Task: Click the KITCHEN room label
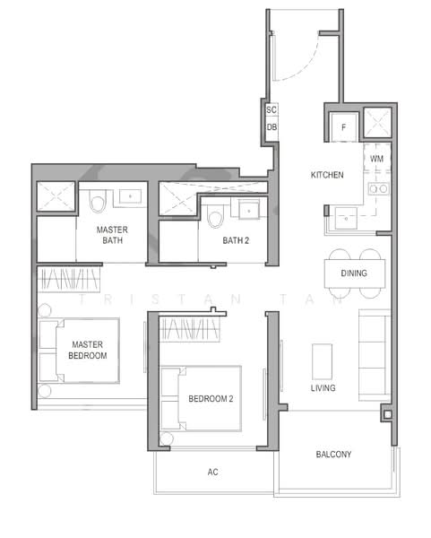pyautogui.click(x=327, y=175)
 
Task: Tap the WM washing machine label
pyautogui.click(x=377, y=159)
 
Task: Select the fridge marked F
pyautogui.click(x=344, y=127)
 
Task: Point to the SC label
pyautogui.click(x=272, y=109)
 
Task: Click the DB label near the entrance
pyautogui.click(x=272, y=127)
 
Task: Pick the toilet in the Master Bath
pyautogui.click(x=98, y=201)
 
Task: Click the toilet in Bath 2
pyautogui.click(x=216, y=216)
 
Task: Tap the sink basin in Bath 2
pyautogui.click(x=249, y=211)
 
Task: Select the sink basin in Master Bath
pyautogui.click(x=130, y=196)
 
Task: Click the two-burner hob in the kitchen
pyautogui.click(x=379, y=188)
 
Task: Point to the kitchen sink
pyautogui.click(x=346, y=218)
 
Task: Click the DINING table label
pyautogui.click(x=354, y=273)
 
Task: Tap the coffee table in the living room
pyautogui.click(x=323, y=361)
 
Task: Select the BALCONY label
pyautogui.click(x=333, y=455)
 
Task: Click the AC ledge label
pyautogui.click(x=212, y=473)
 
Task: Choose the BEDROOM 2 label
pyautogui.click(x=211, y=399)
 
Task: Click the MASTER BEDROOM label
pyautogui.click(x=88, y=350)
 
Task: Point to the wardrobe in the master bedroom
pyautogui.click(x=69, y=279)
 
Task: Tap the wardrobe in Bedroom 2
pyautogui.click(x=190, y=329)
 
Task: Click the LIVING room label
pyautogui.click(x=323, y=388)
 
